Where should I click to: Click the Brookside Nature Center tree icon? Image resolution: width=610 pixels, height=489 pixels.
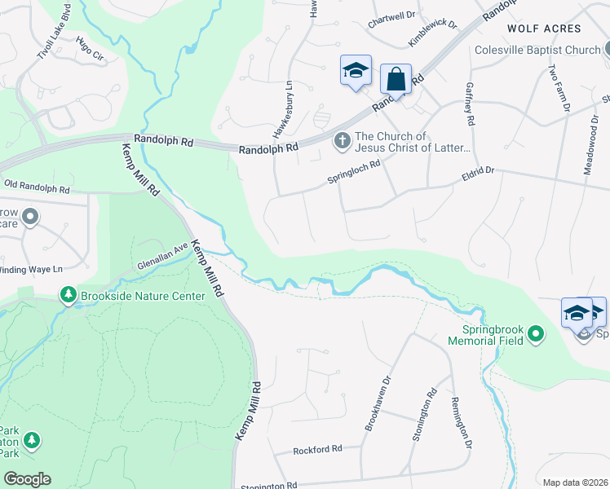tap(69, 295)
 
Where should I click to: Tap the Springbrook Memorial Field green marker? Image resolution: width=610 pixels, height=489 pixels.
tap(536, 333)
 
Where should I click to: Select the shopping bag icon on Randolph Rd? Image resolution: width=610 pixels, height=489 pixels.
tap(396, 80)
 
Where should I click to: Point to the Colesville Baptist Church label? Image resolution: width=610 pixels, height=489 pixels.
tap(537, 51)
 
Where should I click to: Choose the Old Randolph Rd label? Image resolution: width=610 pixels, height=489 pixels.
tap(35, 186)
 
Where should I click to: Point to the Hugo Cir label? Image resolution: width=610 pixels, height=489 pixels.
tap(90, 50)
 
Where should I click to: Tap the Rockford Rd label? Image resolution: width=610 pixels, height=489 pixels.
tap(317, 449)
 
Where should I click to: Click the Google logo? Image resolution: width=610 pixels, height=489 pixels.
tap(26, 479)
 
